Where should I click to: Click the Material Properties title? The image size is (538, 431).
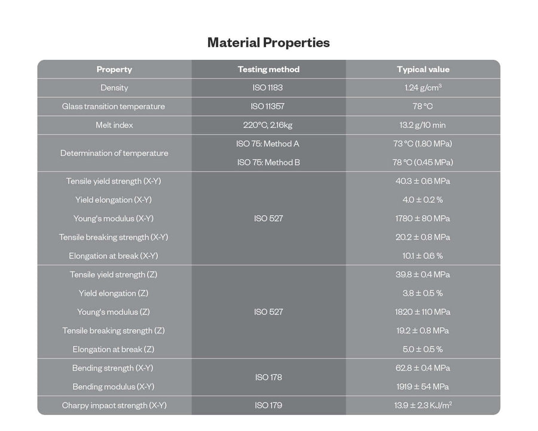tap(268, 43)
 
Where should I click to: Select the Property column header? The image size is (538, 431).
tap(114, 69)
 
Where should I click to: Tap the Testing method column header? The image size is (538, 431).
tap(268, 69)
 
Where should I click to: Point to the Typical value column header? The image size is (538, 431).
tap(423, 69)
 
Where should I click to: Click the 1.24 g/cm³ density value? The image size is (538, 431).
tap(423, 88)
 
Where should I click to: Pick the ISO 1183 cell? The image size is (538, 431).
tap(268, 88)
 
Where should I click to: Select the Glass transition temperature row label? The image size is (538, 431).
tap(114, 106)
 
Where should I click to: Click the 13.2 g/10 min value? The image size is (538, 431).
tap(423, 125)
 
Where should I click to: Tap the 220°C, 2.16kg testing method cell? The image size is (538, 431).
tap(268, 125)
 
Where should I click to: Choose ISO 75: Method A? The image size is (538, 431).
tap(268, 144)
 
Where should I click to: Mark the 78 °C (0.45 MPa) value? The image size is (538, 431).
tap(423, 163)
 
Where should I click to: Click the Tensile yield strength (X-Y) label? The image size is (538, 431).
tap(114, 181)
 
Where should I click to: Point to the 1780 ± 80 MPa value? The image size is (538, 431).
tap(423, 218)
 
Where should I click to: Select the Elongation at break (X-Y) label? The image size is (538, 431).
tap(114, 256)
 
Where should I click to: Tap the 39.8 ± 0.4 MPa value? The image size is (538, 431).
tap(423, 274)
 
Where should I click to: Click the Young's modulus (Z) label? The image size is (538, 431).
tap(114, 312)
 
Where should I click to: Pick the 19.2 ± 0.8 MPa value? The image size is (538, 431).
tap(423, 331)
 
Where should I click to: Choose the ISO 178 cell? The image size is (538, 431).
tap(268, 377)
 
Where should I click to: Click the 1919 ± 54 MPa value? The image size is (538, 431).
tap(423, 387)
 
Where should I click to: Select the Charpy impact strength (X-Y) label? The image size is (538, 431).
tap(114, 405)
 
